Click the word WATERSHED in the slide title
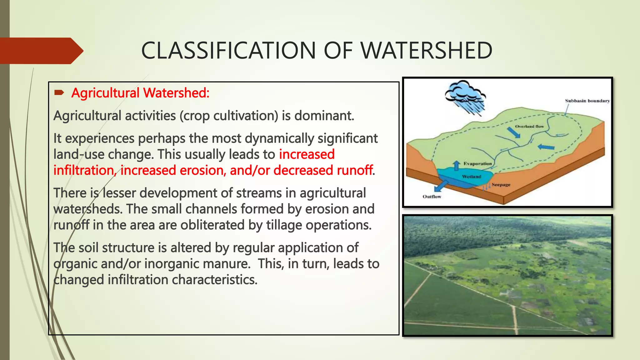pos(427,51)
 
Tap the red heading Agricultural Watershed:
pos(140,93)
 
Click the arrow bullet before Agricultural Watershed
pos(59,92)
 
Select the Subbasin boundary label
pos(587,101)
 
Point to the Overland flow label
pos(529,127)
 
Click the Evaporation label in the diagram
pos(477,163)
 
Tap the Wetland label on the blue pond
pos(472,177)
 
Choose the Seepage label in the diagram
pos(501,185)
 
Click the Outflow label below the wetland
pos(432,197)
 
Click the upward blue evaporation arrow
pos(457,165)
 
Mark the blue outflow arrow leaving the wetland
pos(441,186)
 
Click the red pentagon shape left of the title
pos(41,51)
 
